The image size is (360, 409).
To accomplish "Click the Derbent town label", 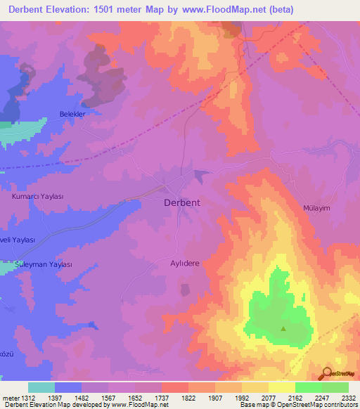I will [x=181, y=202].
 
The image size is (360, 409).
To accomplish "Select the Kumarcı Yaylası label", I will [x=38, y=197].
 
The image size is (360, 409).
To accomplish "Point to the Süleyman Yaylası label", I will [x=44, y=265].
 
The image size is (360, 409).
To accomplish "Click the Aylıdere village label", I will [x=186, y=263].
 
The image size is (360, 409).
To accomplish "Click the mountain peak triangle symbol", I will [x=284, y=328].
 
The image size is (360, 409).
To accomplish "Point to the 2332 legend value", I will [x=348, y=397].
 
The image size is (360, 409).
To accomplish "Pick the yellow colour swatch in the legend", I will [x=281, y=387].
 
